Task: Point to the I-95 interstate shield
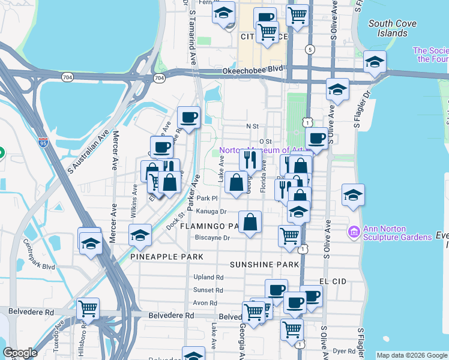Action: [43, 142]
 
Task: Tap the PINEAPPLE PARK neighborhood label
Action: [167, 256]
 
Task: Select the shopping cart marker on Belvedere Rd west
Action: [88, 308]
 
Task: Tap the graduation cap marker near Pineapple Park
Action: [140, 235]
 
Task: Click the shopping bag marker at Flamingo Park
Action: [250, 221]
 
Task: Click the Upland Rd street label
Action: [208, 277]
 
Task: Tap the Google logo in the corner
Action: [20, 353]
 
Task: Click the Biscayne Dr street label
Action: [212, 238]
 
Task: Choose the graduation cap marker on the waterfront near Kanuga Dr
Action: [353, 194]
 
